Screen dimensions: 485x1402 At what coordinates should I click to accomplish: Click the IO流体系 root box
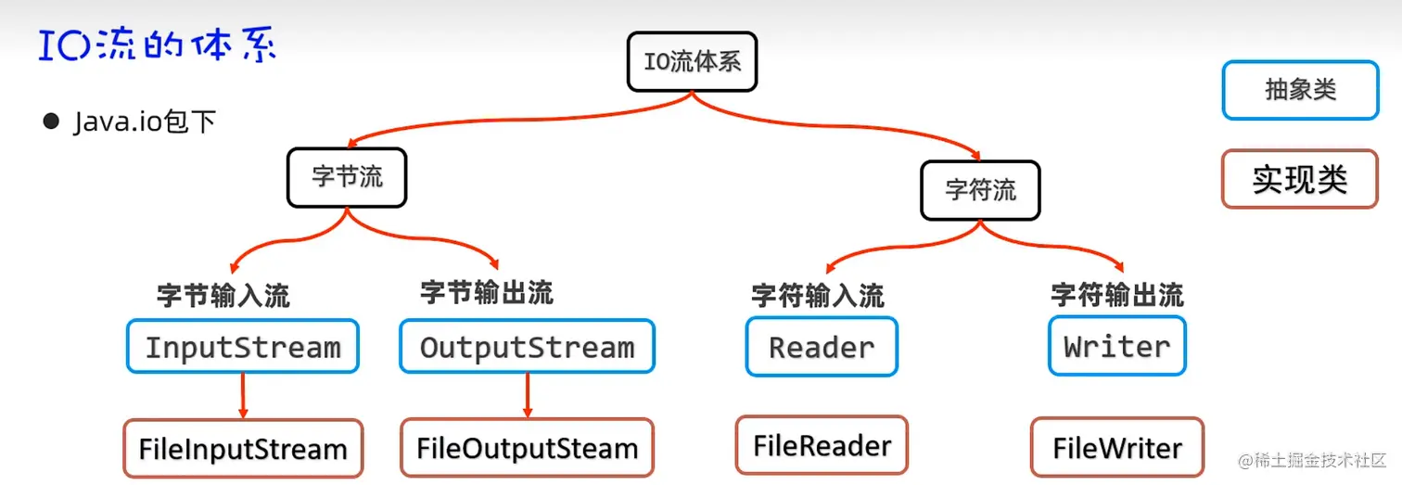click(692, 62)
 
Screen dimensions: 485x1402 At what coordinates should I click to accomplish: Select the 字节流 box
click(347, 177)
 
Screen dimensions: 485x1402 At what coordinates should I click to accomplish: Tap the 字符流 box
click(980, 190)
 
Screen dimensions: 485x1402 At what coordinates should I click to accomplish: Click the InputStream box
click(242, 347)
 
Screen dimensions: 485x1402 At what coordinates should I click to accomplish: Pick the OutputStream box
click(527, 347)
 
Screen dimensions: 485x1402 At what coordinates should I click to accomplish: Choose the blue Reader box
click(822, 346)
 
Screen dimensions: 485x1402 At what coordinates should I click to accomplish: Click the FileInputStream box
click(242, 449)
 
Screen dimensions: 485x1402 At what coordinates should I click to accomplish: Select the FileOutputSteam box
click(527, 448)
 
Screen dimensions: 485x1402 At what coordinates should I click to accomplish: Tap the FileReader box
click(822, 445)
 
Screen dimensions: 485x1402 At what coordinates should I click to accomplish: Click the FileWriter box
click(1116, 448)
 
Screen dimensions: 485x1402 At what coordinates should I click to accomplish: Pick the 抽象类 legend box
click(1299, 90)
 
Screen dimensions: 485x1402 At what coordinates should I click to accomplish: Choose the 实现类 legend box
click(1299, 179)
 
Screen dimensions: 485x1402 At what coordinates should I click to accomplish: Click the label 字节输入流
click(223, 296)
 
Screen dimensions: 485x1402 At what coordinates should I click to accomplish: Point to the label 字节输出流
click(487, 293)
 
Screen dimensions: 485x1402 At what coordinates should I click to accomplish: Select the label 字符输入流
click(817, 296)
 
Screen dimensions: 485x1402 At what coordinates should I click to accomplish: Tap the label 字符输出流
click(1116, 296)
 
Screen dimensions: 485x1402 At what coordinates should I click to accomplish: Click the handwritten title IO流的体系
click(158, 45)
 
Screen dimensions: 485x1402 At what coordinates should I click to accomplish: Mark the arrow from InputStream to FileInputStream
click(243, 396)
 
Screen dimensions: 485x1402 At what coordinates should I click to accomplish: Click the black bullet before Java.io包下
click(51, 121)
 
